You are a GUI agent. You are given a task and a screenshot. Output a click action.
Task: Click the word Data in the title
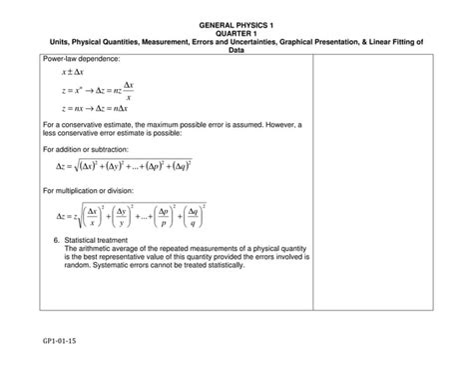[236, 50]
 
